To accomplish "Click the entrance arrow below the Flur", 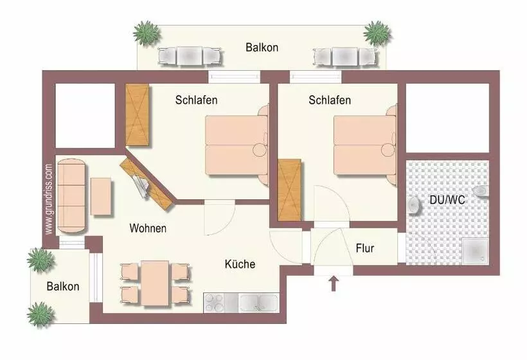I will tap(334, 283).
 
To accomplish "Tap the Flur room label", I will tap(364, 248).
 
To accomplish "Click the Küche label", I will tap(240, 264).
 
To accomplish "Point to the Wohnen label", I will tap(148, 228).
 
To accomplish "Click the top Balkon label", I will tap(262, 47).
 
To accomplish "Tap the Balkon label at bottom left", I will tap(63, 286).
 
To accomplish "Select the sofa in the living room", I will tap(71, 197).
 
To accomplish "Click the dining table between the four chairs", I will tap(155, 282).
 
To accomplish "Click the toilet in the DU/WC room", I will tap(481, 191).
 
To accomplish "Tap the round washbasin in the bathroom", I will tap(414, 204).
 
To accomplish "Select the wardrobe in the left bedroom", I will tap(138, 115).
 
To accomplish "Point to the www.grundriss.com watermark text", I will tap(49, 198).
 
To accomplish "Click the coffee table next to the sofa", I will tap(102, 196).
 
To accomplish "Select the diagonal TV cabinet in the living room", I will tap(147, 184).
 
